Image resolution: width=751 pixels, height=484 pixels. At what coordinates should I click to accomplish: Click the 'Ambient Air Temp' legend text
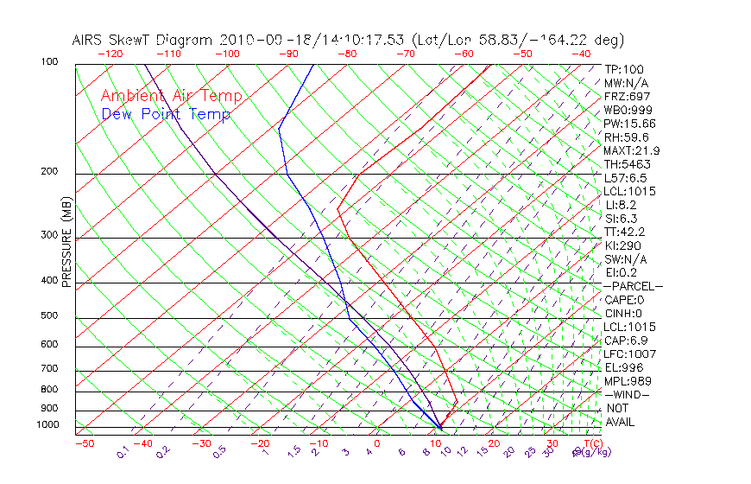coord(171,96)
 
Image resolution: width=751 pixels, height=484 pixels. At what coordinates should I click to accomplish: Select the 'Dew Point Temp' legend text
coord(166,114)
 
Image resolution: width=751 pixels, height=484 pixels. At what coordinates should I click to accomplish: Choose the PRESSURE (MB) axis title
coord(67,243)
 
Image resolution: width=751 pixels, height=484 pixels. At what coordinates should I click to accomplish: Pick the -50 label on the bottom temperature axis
coord(84,443)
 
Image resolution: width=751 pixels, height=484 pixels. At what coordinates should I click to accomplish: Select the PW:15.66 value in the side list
coord(629,124)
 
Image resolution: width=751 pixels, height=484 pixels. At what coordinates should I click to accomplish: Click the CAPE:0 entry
coord(624,300)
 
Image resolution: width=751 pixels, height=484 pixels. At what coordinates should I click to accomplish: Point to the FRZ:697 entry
coord(627,96)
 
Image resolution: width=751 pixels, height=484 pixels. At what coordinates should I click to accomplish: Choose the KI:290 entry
coord(623,245)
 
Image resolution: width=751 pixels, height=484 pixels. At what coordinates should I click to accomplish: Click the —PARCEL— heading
coord(633,286)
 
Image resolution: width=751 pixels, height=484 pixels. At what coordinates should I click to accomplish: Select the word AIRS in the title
coord(88,40)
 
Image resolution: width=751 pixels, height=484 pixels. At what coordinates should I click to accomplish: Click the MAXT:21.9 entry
coord(632,150)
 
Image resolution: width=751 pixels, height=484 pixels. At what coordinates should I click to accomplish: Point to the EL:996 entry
coord(623,367)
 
